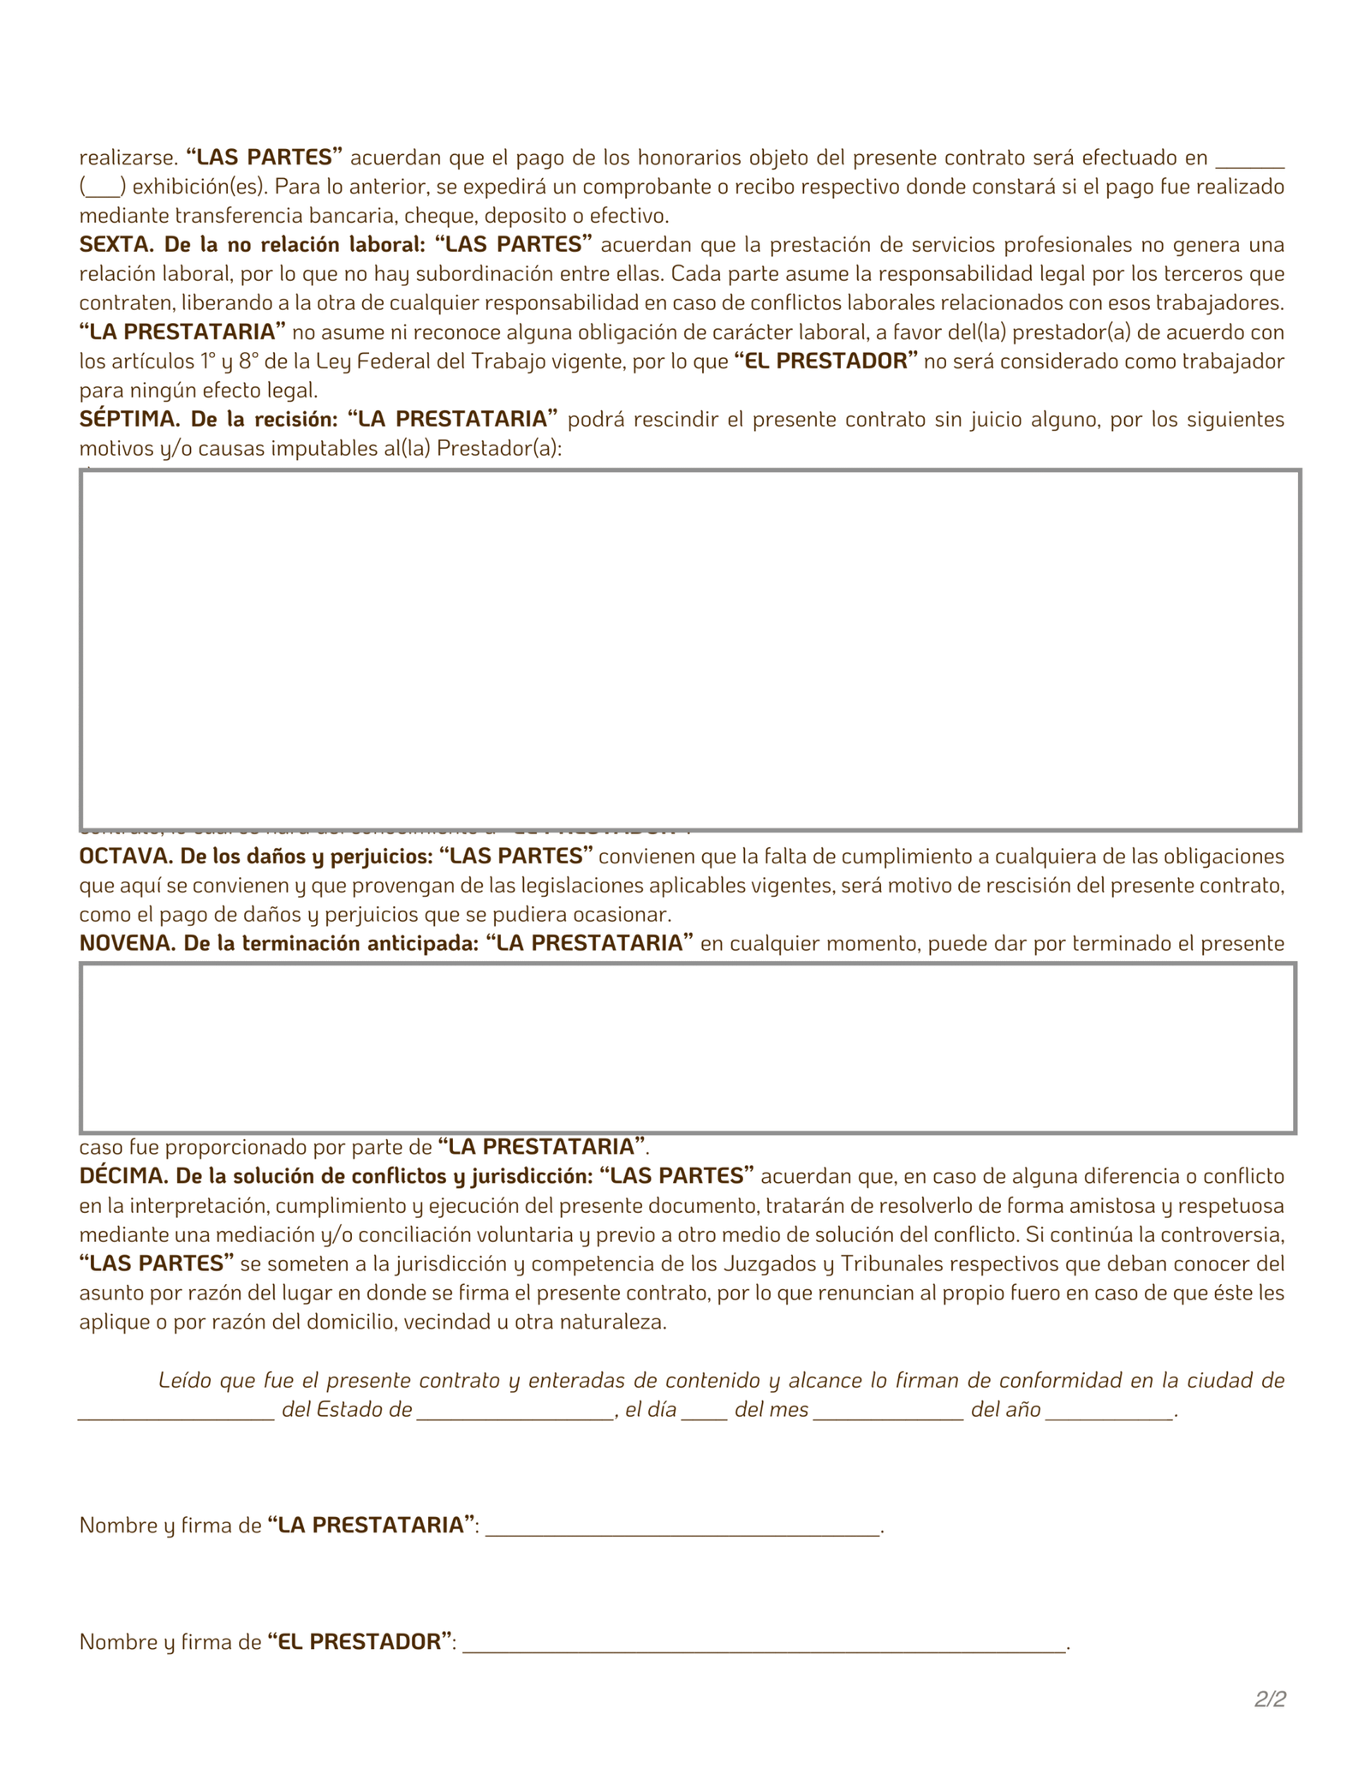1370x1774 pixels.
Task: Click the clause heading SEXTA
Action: click(116, 245)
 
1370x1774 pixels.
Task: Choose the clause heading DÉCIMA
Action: click(118, 1175)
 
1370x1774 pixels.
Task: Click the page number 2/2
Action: click(1270, 1699)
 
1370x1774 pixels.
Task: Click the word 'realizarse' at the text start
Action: click(126, 158)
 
